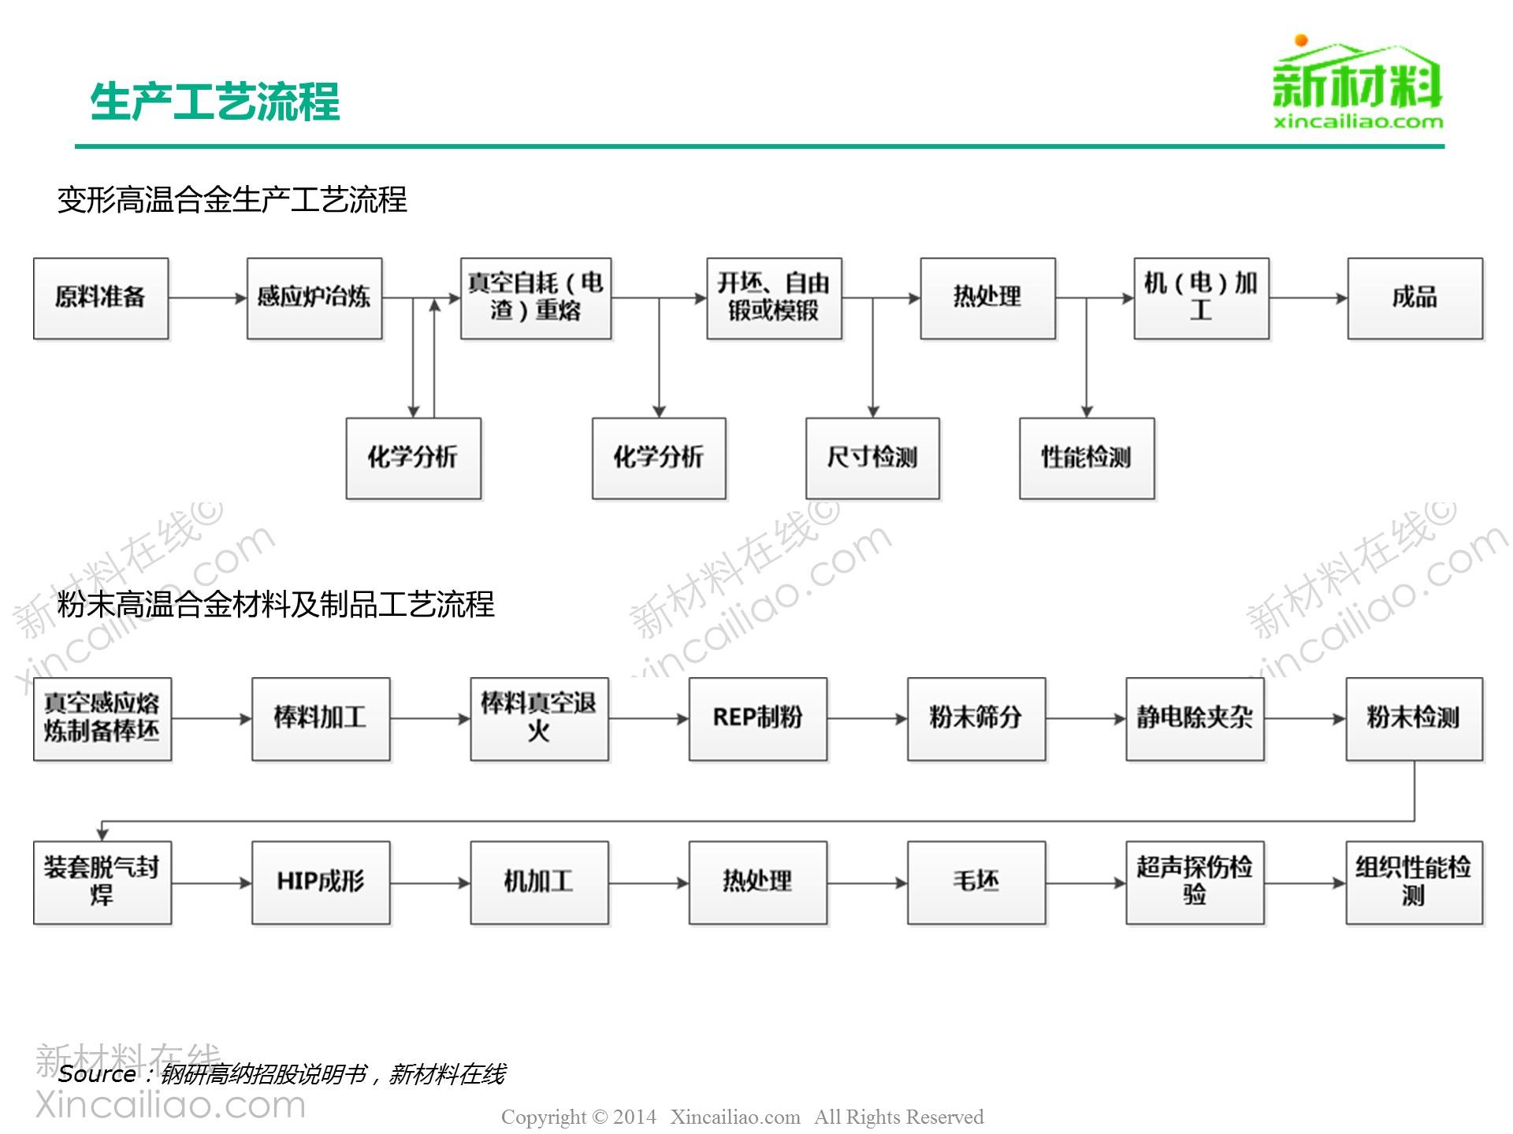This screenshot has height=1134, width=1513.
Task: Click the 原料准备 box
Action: pos(101,298)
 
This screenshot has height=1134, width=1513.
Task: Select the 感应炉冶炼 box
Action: pos(314,298)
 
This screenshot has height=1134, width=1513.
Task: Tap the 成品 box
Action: pos(1414,298)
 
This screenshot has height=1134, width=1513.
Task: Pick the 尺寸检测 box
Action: pos(872,458)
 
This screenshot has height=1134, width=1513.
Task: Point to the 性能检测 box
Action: pos(1087,458)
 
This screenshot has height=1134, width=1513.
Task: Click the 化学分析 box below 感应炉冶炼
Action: pos(414,458)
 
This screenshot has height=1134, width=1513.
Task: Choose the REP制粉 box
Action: pos(758,719)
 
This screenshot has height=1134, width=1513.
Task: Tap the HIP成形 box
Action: pos(321,883)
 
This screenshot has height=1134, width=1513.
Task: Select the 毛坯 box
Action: pos(976,883)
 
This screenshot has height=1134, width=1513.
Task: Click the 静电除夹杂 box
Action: pos(1195,719)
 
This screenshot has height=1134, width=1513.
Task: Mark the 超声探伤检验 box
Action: pos(1195,883)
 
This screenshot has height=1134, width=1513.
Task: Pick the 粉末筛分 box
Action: pos(976,719)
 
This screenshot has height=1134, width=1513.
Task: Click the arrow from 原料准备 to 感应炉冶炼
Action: pos(208,298)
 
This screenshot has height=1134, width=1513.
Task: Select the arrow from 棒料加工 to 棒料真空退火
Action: pos(430,719)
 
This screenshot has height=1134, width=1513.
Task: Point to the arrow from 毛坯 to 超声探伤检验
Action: pos(1086,883)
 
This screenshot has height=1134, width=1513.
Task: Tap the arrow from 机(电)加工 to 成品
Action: pos(1308,298)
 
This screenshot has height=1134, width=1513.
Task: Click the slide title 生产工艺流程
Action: pos(215,102)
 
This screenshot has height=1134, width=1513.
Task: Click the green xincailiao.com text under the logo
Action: pos(1359,121)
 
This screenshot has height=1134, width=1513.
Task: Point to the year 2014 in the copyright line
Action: pos(634,1117)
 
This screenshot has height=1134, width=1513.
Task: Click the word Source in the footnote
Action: pos(97,1073)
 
